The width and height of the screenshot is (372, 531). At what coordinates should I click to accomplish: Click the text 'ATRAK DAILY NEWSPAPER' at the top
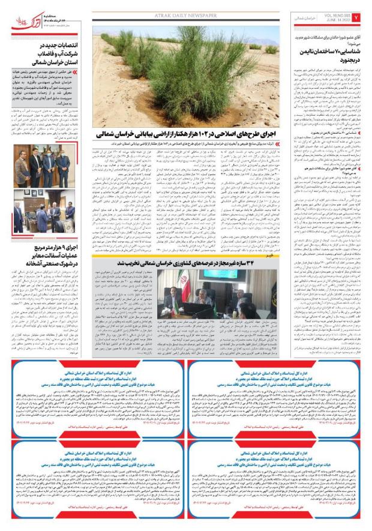(185, 7)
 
